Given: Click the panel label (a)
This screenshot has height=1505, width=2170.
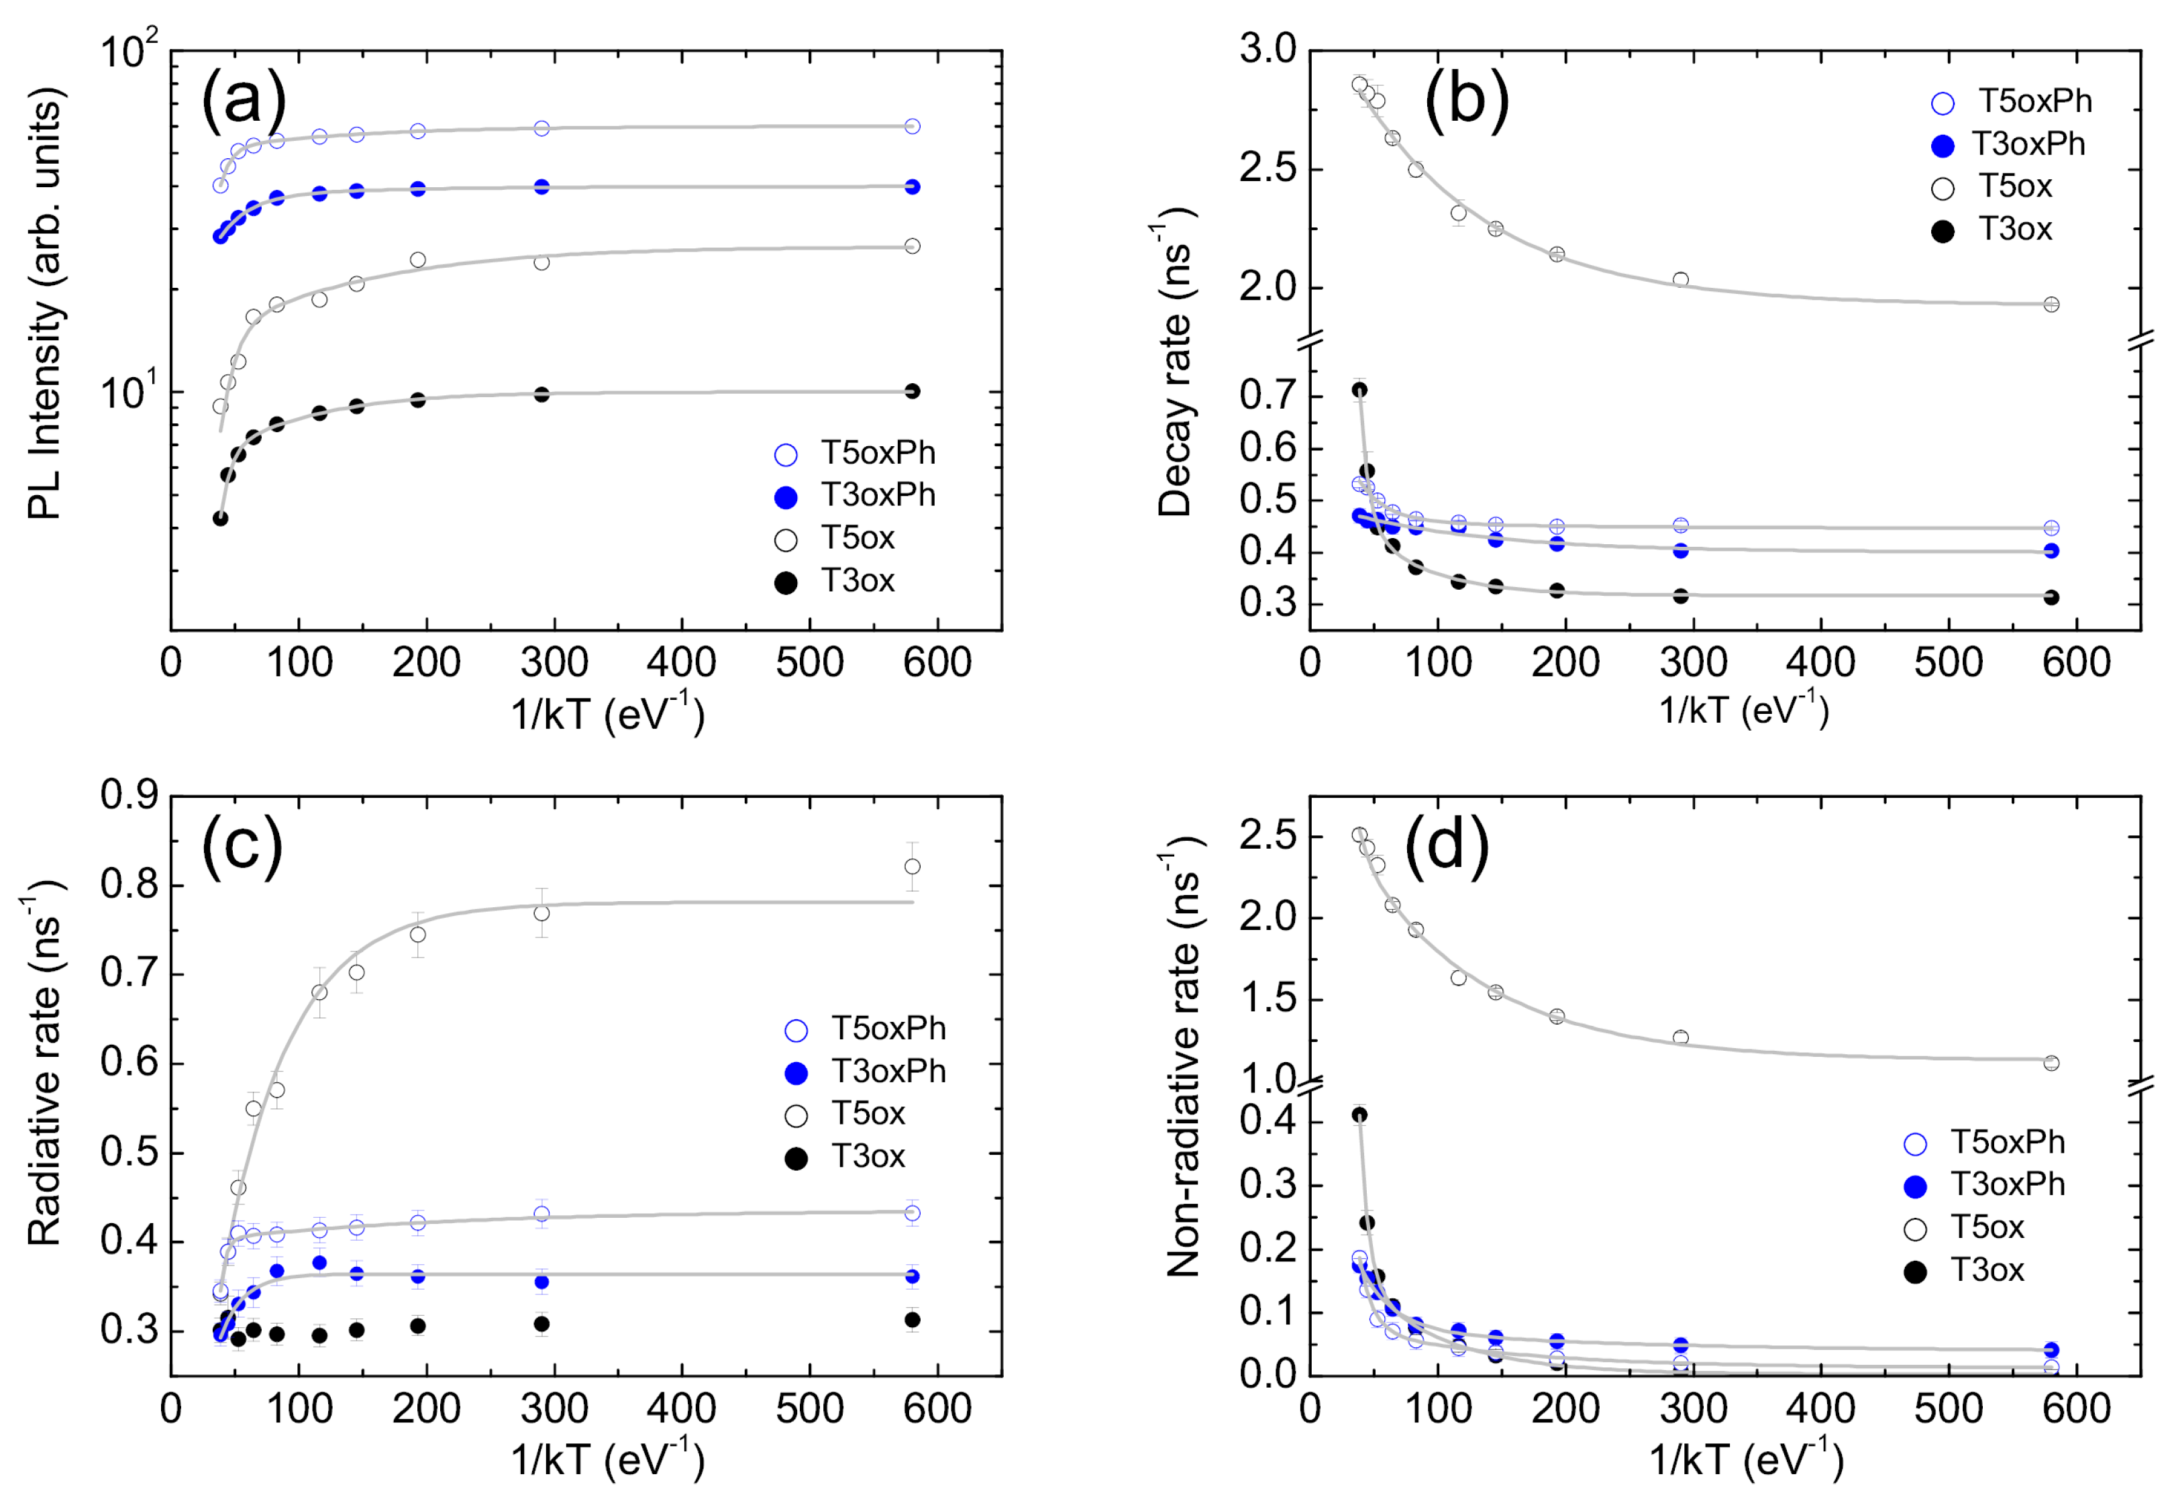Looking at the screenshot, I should [x=244, y=97].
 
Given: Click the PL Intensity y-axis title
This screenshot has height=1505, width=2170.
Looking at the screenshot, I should [x=44, y=304].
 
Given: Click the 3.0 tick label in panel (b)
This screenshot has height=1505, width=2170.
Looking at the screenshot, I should [x=1267, y=49].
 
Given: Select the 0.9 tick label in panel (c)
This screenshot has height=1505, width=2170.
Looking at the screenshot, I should [x=130, y=795].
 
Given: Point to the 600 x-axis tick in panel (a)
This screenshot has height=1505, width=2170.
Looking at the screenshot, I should [x=937, y=663].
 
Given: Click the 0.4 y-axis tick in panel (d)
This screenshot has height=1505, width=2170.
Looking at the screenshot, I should [x=1267, y=1121].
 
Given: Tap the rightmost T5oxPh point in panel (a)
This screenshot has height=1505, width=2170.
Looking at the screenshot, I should [x=912, y=126].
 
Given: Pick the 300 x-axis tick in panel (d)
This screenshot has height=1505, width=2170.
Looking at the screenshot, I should [x=1693, y=1409].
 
